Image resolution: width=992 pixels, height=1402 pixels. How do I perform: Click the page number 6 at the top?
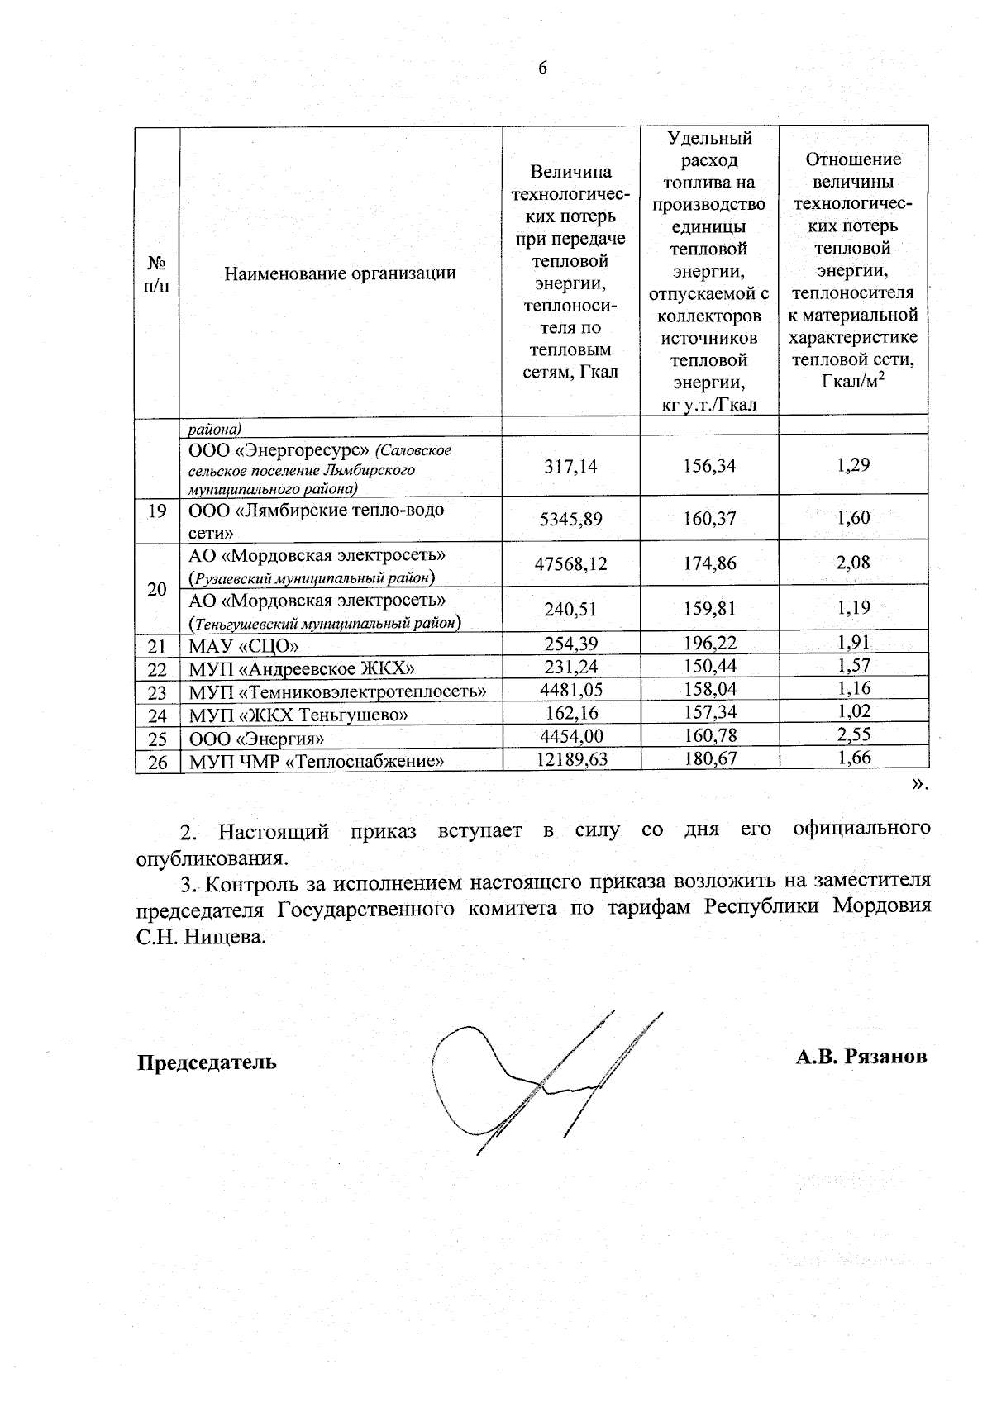(542, 69)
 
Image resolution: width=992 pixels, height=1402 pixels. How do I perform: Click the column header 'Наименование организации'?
(340, 273)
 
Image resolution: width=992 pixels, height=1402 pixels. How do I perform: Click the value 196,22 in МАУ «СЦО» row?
(710, 643)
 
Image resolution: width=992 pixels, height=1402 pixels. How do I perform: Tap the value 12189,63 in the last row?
(572, 758)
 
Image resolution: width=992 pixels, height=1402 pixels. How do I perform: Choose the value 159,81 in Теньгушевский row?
(710, 609)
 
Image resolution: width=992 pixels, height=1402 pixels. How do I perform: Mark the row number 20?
(157, 589)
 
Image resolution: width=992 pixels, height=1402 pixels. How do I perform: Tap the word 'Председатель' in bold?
(207, 1062)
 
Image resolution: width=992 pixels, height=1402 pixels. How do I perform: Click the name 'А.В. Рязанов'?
(861, 1057)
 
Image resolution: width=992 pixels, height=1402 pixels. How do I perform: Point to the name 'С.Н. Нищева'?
(202, 938)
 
